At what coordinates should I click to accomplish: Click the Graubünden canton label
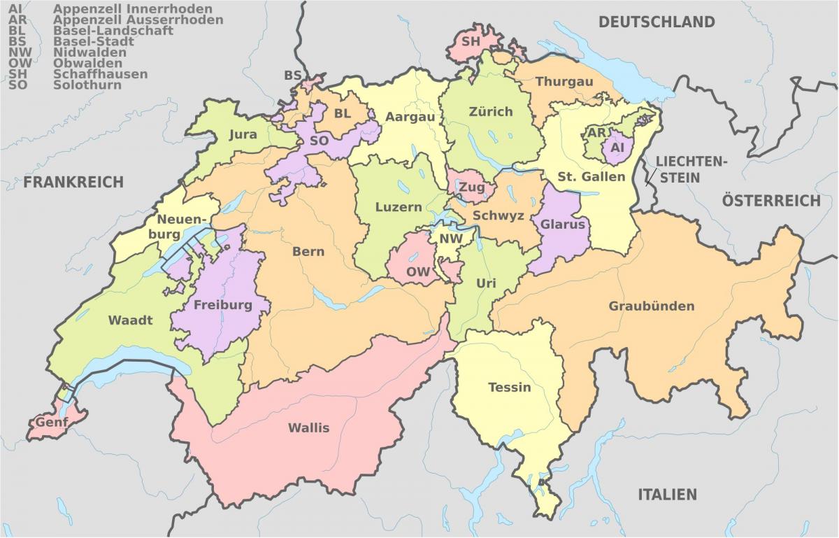651,306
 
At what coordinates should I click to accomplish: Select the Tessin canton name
509,387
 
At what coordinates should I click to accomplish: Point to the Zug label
471,187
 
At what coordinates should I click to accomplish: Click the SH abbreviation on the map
471,41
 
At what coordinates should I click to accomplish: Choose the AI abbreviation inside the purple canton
617,148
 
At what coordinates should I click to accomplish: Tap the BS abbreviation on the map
292,76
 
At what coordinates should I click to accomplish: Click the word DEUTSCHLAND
657,22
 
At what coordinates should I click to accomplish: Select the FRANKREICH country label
73,183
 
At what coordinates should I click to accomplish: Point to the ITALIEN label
667,495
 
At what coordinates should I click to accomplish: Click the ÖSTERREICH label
771,201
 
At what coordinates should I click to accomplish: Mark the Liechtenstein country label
691,169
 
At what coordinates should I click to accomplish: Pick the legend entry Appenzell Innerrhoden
133,9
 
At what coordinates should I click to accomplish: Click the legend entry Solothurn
87,85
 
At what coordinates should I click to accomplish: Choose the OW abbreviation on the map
418,271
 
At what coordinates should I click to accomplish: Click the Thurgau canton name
564,82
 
